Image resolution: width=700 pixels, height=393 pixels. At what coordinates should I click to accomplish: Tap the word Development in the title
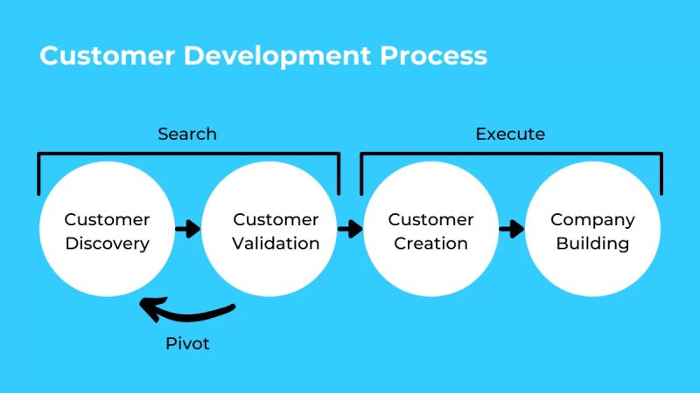point(276,56)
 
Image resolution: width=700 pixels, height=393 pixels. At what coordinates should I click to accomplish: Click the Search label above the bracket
point(187,134)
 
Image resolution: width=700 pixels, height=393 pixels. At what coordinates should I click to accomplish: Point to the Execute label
point(510,134)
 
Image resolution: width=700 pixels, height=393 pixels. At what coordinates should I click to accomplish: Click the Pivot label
point(188,343)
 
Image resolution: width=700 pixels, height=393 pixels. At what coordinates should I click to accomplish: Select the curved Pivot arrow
point(188,312)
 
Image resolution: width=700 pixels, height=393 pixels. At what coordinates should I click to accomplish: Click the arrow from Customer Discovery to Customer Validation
point(187,230)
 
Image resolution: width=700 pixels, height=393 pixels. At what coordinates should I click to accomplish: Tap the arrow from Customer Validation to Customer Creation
point(350,230)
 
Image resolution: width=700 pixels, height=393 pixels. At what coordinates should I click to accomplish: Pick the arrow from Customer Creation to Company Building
point(511,230)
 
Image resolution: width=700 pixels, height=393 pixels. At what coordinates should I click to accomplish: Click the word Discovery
point(107,243)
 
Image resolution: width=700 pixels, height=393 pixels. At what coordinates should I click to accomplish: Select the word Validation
point(276,243)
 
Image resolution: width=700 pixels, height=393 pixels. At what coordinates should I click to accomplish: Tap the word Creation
point(430,243)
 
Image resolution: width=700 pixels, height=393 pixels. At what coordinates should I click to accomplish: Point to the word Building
point(592,243)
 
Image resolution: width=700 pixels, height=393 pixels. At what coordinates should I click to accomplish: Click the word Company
point(592,219)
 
